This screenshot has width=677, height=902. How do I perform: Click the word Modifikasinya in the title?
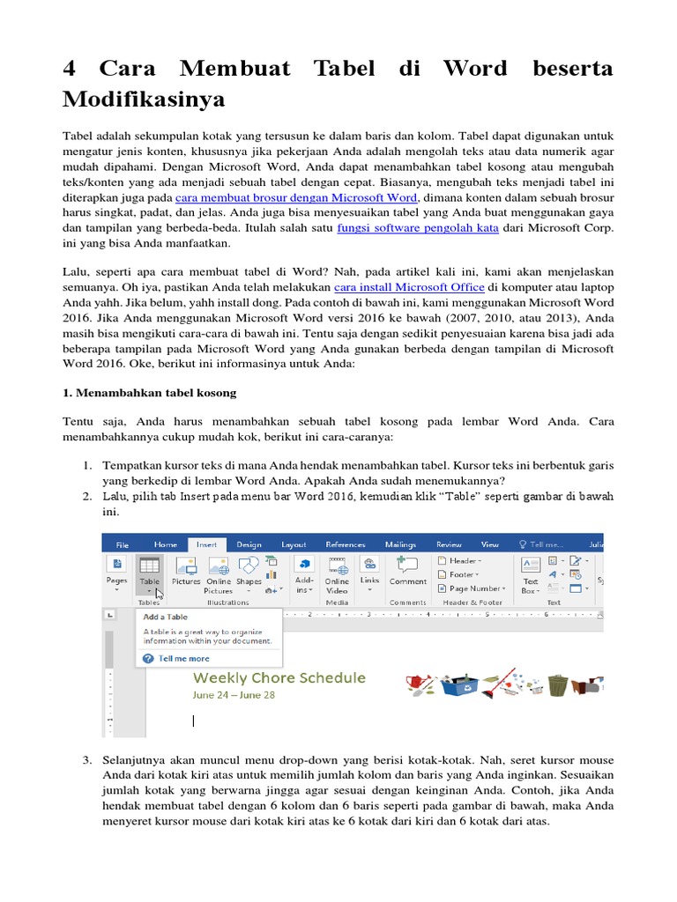[144, 100]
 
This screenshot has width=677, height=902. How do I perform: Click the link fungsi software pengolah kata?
[419, 227]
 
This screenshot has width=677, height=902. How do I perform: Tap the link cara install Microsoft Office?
[409, 287]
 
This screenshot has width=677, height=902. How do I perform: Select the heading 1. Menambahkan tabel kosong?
[150, 392]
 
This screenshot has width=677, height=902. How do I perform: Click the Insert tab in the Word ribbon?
[206, 544]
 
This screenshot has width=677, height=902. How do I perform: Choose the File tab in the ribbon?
[123, 544]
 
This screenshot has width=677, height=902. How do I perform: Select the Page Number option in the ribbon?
[475, 588]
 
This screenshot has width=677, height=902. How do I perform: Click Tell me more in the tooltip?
[184, 658]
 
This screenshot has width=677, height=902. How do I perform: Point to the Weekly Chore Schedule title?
[279, 678]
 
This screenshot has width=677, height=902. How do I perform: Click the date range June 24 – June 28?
[234, 694]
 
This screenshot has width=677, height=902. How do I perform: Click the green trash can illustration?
[557, 684]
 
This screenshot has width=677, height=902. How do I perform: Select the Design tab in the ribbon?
[249, 544]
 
